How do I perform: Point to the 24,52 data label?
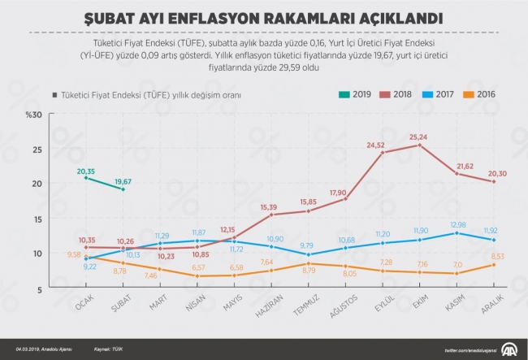tap(375, 145)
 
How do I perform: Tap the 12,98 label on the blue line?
tap(457, 224)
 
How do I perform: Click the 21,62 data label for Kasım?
tap(465, 165)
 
